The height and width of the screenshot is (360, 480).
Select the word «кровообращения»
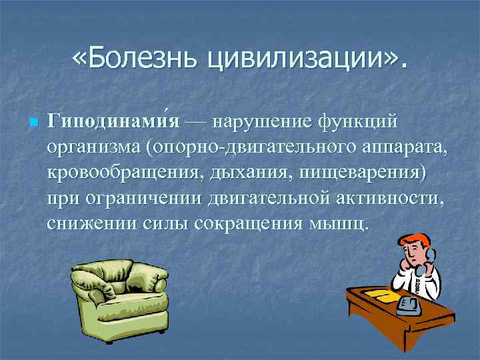click(x=124, y=173)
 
